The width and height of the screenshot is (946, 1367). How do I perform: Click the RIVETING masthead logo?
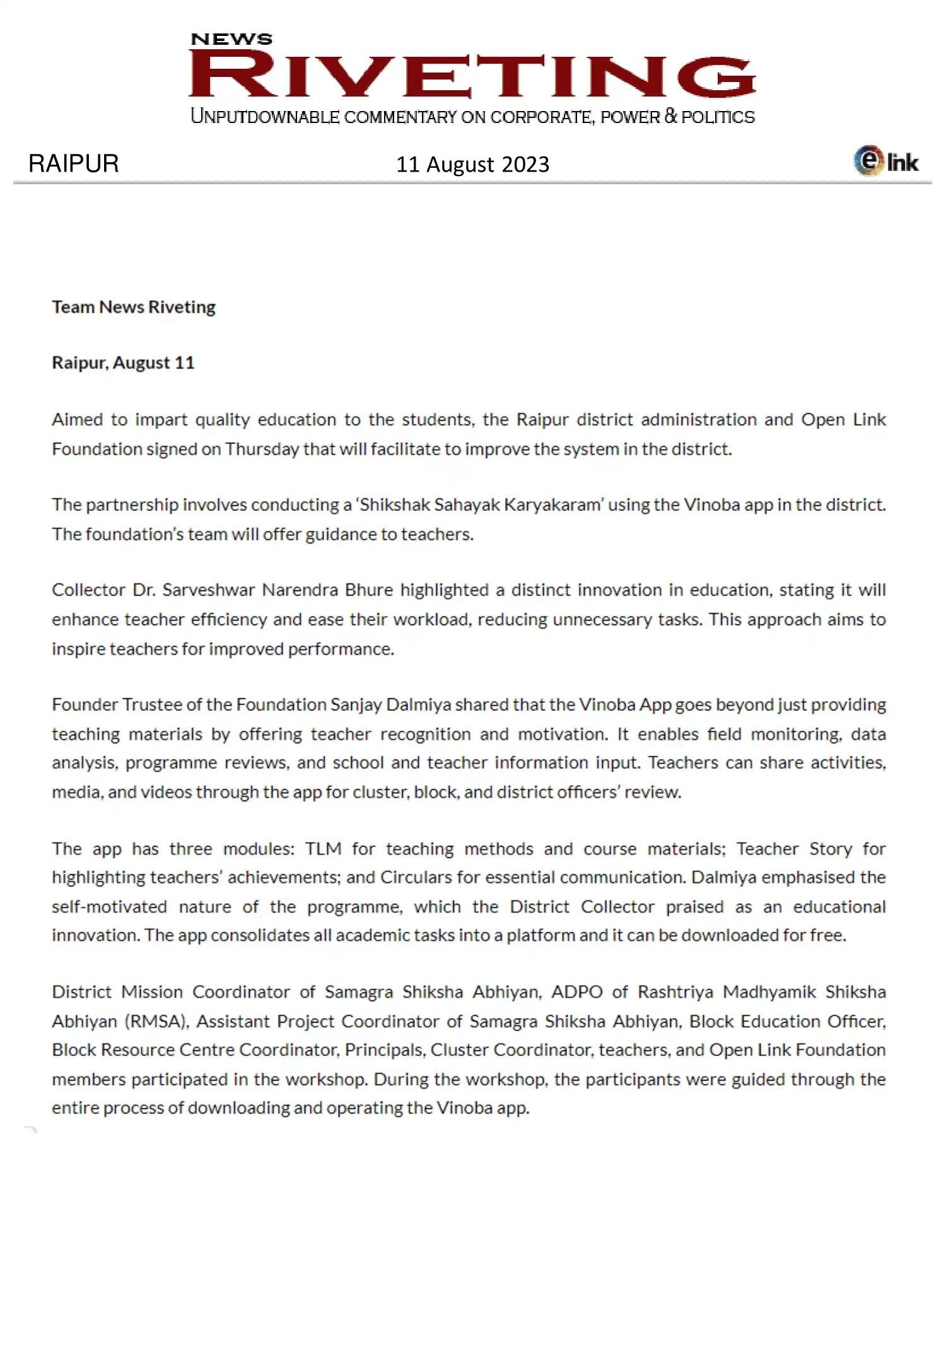(x=472, y=76)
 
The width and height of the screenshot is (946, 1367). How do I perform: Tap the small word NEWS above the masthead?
(x=231, y=39)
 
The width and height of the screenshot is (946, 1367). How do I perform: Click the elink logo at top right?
(x=886, y=161)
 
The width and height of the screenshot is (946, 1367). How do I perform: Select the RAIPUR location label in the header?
(x=74, y=164)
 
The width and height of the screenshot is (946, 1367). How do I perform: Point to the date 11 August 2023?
(x=472, y=165)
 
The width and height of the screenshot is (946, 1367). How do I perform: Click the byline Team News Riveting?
(x=134, y=307)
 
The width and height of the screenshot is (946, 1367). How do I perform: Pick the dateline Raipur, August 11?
(x=123, y=363)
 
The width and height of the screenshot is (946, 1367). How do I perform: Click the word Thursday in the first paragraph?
(x=262, y=449)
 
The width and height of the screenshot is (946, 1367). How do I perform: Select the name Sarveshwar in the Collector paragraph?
(x=209, y=590)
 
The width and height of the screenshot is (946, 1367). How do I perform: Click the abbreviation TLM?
(x=323, y=849)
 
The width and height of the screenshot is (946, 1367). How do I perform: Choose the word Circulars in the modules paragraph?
(x=416, y=877)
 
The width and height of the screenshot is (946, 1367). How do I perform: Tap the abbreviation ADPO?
(x=577, y=992)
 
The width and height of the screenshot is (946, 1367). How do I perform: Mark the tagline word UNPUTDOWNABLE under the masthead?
(x=265, y=117)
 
